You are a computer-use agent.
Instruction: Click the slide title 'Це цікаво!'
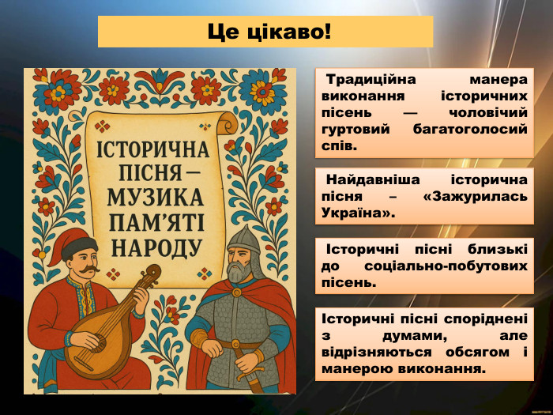pyautogui.click(x=265, y=32)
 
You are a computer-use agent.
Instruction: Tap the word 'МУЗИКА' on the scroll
pyautogui.click(x=154, y=198)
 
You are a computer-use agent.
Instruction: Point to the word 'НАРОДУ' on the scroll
pyautogui.click(x=156, y=247)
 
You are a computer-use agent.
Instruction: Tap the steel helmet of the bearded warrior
pyautogui.click(x=241, y=237)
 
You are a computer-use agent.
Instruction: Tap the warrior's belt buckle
pyautogui.click(x=236, y=345)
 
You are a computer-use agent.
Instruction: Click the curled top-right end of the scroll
pyautogui.click(x=229, y=123)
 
